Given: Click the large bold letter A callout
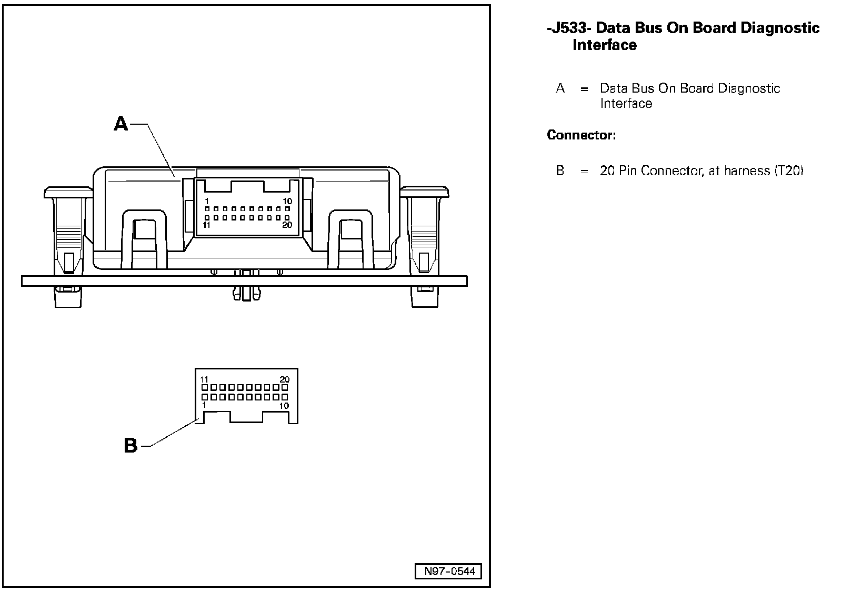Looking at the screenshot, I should tap(122, 124).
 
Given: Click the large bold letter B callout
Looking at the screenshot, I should tap(131, 446).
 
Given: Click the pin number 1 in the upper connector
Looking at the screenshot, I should tap(207, 201).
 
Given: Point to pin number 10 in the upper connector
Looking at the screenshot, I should tap(287, 201).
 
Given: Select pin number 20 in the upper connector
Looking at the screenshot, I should tap(287, 225).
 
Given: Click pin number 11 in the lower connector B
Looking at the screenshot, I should tap(205, 379).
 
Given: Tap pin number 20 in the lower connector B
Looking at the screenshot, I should tap(284, 379).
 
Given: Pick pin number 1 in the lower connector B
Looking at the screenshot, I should tap(204, 405).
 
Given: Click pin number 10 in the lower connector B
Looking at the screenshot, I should tap(284, 406).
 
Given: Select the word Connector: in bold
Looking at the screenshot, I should tap(581, 135).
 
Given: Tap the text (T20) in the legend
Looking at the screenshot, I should tap(788, 171).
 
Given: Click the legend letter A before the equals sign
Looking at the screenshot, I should tap(560, 88).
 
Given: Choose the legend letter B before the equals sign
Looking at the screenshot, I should tap(560, 171).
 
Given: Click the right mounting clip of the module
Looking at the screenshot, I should tap(423, 232).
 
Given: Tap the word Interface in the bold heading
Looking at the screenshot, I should tap(605, 45).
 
